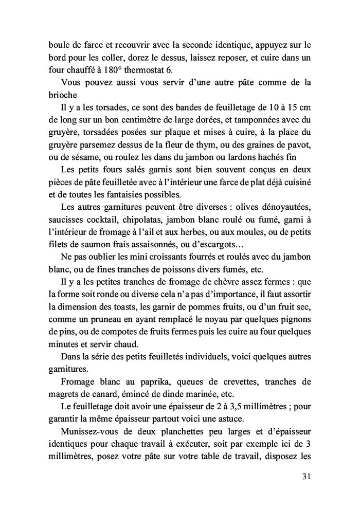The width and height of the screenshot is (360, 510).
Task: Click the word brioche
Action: [63, 95]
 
